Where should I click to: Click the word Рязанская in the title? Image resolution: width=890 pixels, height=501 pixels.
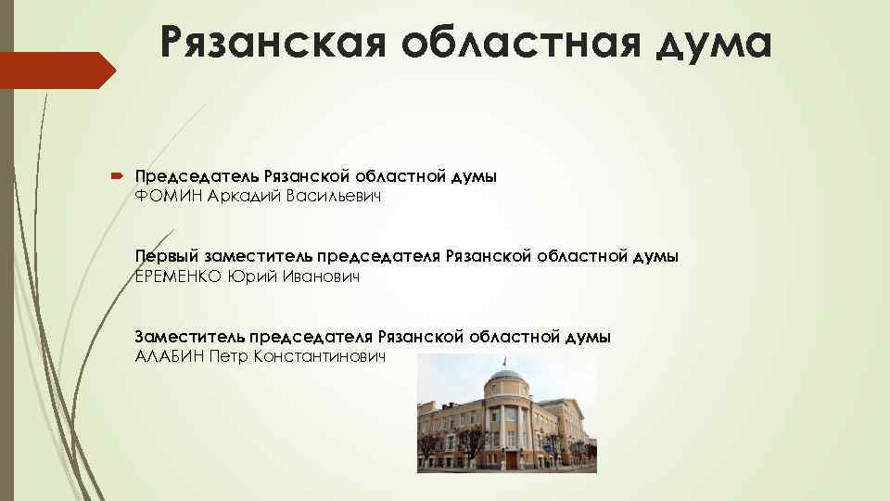pos(268,43)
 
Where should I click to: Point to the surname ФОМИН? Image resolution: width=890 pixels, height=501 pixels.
pos(169,197)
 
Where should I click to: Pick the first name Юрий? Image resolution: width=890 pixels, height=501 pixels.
pos(249,276)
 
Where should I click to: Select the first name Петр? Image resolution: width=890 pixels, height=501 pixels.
pos(230,356)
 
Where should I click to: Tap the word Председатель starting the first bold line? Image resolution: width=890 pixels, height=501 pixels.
pos(197,175)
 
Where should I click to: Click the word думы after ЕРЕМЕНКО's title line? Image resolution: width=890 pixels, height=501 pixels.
pos(654,255)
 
